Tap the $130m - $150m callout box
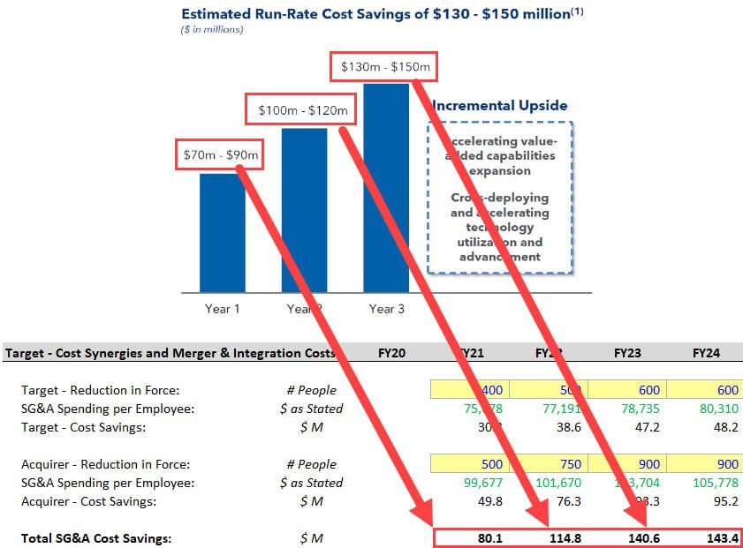pos(386,66)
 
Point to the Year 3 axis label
pos(387,309)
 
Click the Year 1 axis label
pos(222,309)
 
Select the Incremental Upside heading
pos(500,106)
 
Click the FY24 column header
pos(706,353)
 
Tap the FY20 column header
pos(390,353)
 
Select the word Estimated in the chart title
pos(217,14)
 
